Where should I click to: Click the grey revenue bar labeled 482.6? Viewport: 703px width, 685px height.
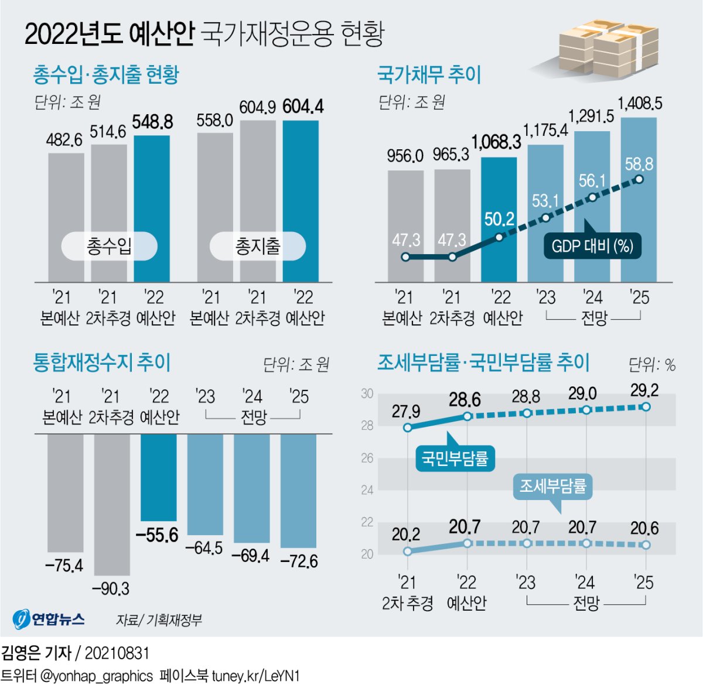pyautogui.click(x=66, y=217)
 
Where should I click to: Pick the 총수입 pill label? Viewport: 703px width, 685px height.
pyautogui.click(x=110, y=246)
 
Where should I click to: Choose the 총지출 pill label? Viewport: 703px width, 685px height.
pyautogui.click(x=258, y=246)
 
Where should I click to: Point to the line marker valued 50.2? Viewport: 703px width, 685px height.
pyautogui.click(x=499, y=237)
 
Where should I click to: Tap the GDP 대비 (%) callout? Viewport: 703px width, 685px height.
pyautogui.click(x=592, y=245)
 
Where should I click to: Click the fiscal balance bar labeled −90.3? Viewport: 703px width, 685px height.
pyautogui.click(x=112, y=504)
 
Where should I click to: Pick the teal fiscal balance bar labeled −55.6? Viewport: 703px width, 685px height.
pyautogui.click(x=158, y=477)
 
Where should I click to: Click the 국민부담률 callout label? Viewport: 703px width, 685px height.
pyautogui.click(x=455, y=458)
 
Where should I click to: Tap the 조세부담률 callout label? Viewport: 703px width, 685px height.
pyautogui.click(x=552, y=486)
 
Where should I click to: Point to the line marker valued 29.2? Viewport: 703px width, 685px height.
pyautogui.click(x=646, y=407)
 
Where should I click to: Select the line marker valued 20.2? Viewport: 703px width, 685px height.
pyautogui.click(x=408, y=551)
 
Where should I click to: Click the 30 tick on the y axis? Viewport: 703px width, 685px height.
pyautogui.click(x=367, y=393)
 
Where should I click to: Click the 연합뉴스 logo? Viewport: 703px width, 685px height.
pyautogui.click(x=49, y=618)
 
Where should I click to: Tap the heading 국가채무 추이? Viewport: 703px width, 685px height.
pyautogui.click(x=429, y=75)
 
